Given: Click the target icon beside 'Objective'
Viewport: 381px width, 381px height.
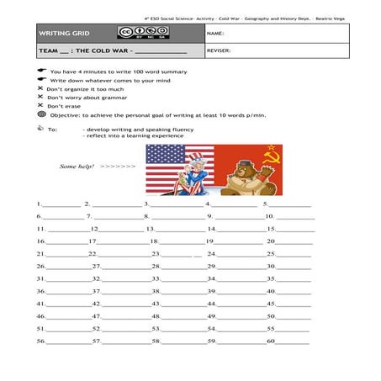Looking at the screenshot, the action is tap(41, 114).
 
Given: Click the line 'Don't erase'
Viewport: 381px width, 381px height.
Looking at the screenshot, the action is tap(64, 106).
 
